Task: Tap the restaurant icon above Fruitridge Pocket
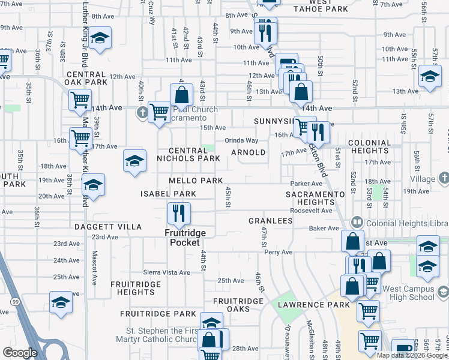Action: click(179, 212)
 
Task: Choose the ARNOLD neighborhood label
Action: click(249, 152)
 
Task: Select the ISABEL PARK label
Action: click(168, 194)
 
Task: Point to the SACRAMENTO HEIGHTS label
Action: click(315, 199)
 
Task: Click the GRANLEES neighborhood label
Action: click(270, 221)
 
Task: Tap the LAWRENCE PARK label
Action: click(313, 304)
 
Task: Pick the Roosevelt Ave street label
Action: click(311, 211)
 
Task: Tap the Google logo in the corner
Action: click(20, 353)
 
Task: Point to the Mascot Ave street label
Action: click(94, 259)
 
